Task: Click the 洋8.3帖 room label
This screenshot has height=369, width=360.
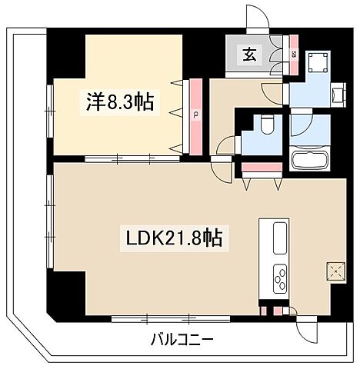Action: pyautogui.click(x=118, y=100)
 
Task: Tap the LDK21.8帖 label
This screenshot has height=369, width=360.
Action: pyautogui.click(x=174, y=239)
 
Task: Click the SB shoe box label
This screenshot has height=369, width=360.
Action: pyautogui.click(x=295, y=54)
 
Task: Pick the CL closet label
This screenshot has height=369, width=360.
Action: pyautogui.click(x=195, y=115)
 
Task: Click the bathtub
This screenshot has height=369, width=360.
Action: pyautogui.click(x=312, y=161)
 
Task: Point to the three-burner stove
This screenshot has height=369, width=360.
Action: pyautogui.click(x=278, y=274)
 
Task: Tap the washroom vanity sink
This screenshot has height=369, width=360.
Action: pyautogui.click(x=337, y=95)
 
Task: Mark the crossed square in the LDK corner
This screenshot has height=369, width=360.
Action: pyautogui.click(x=335, y=270)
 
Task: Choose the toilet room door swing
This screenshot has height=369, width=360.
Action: pyautogui.click(x=228, y=146)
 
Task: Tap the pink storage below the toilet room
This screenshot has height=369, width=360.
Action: pyautogui.click(x=263, y=167)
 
